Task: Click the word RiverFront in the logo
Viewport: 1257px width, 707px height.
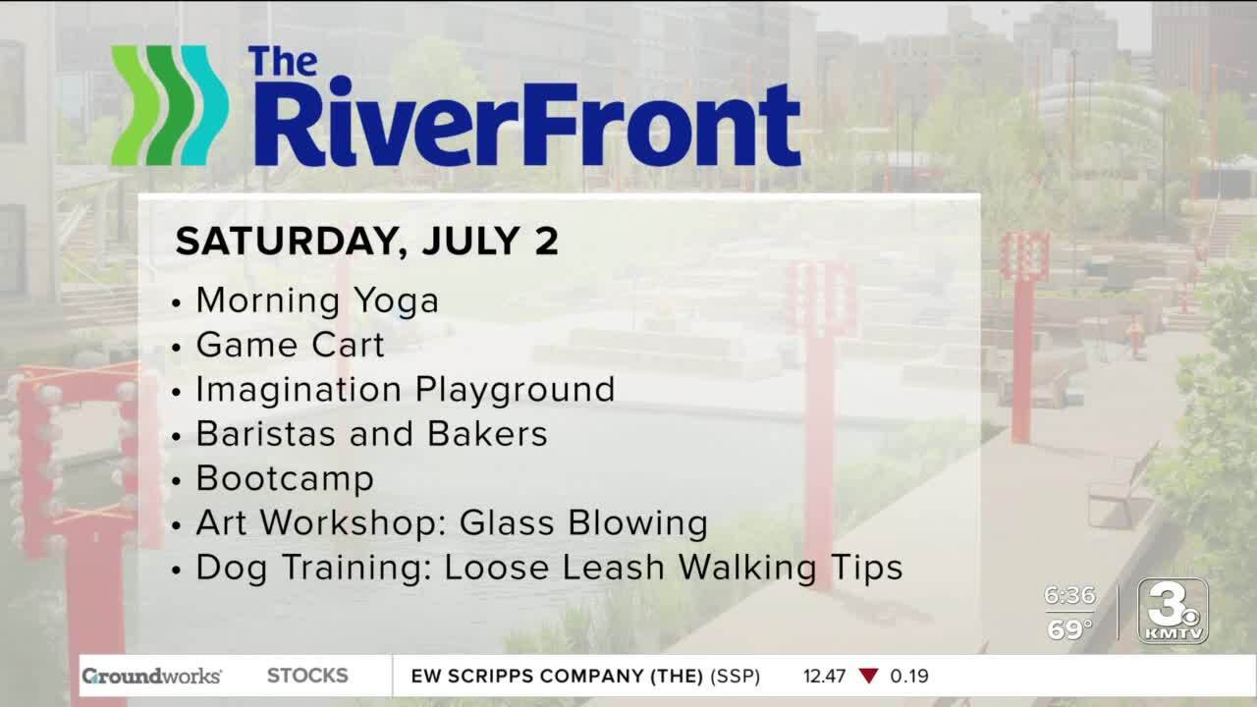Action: pyautogui.click(x=527, y=123)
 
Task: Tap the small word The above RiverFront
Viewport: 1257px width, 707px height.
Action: pyautogui.click(x=283, y=61)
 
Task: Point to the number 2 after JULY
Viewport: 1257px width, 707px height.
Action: pyautogui.click(x=546, y=242)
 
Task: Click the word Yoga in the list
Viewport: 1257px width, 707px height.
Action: pyautogui.click(x=396, y=301)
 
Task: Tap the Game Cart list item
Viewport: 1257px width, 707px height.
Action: pyautogui.click(x=290, y=345)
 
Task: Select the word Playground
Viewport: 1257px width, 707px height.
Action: pyautogui.click(x=516, y=391)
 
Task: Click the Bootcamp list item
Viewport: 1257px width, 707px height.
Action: pyautogui.click(x=285, y=478)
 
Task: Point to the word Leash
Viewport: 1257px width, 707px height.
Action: pyautogui.click(x=614, y=568)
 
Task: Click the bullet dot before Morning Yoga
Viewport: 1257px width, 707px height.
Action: pyautogui.click(x=176, y=303)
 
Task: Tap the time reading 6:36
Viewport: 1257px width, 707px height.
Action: pyautogui.click(x=1069, y=595)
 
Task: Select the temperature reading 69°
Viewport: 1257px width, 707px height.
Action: pyautogui.click(x=1069, y=629)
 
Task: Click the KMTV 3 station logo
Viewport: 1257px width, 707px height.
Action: pyautogui.click(x=1173, y=611)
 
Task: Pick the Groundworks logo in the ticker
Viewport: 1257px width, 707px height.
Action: pyautogui.click(x=151, y=676)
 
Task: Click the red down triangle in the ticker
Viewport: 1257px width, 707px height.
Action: pyautogui.click(x=869, y=676)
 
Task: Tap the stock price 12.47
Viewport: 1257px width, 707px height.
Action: pyautogui.click(x=824, y=677)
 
